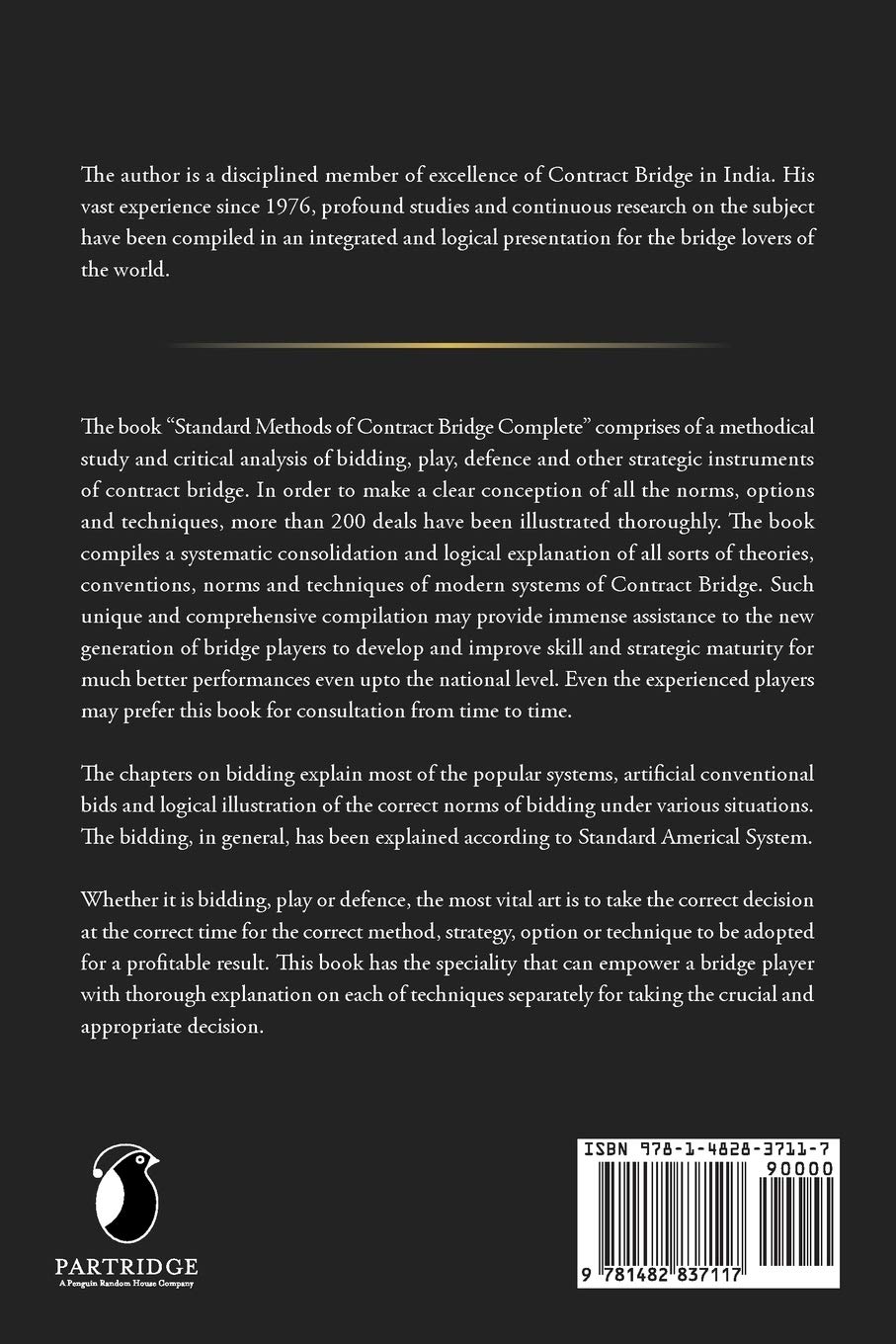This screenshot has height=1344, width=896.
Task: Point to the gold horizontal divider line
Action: tap(449, 345)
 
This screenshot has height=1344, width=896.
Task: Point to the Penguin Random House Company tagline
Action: tap(125, 1284)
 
